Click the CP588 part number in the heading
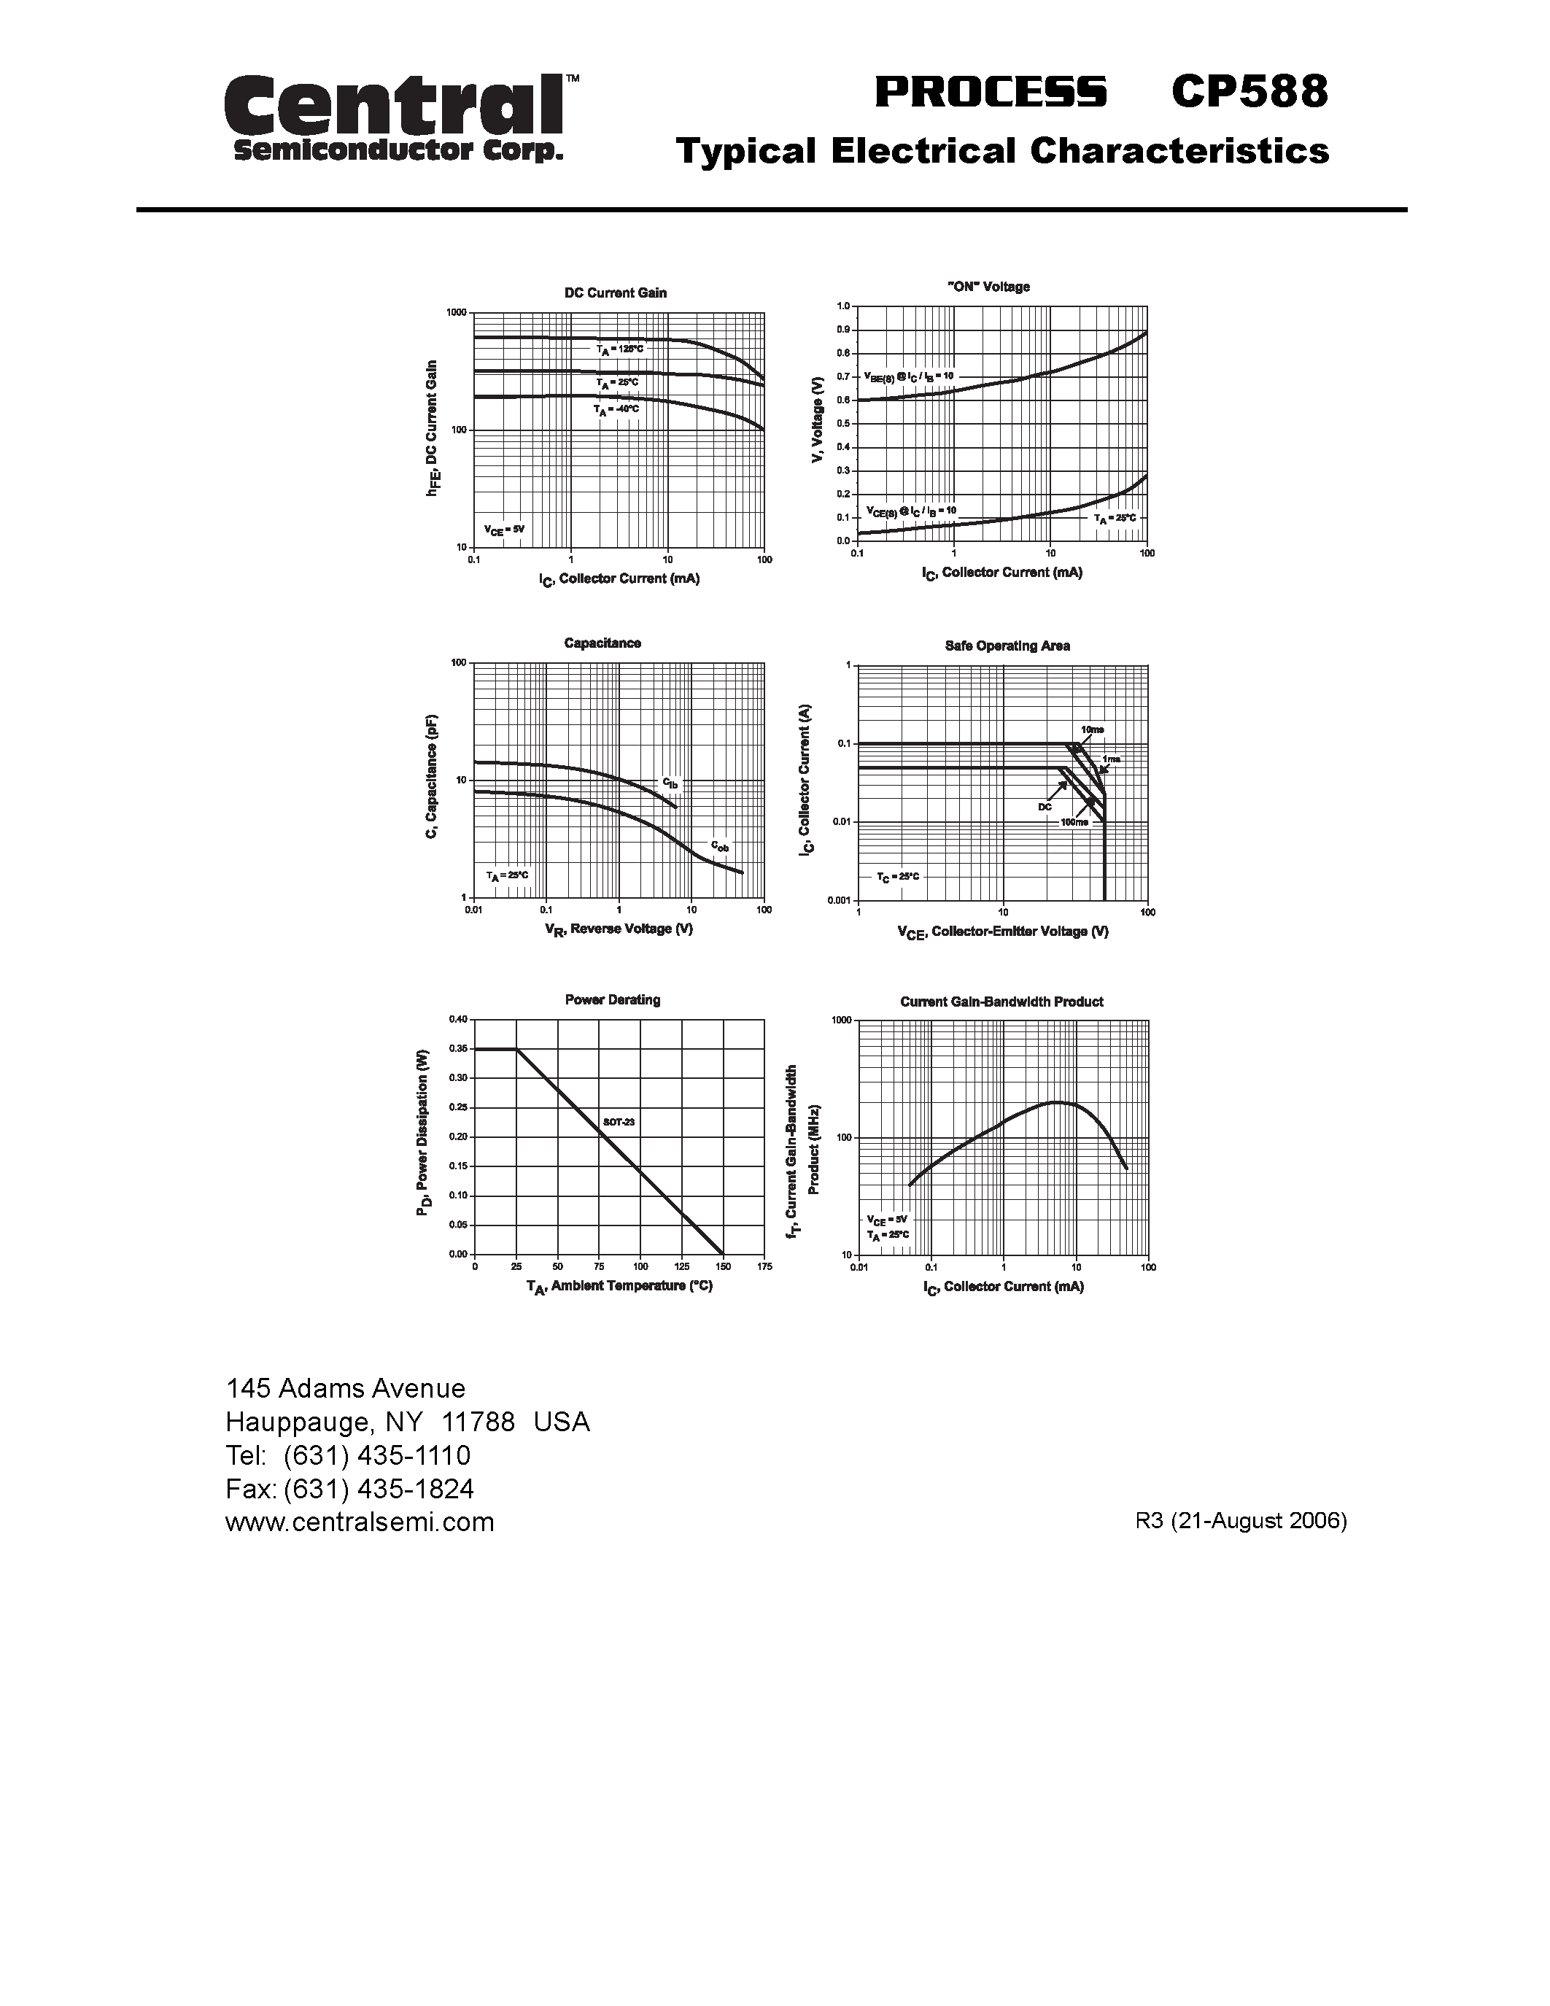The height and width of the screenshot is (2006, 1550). pos(1249,92)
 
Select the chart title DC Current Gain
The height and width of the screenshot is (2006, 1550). pos(615,293)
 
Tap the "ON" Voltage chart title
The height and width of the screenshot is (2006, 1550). pos(988,287)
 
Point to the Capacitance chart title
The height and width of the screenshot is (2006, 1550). pos(602,643)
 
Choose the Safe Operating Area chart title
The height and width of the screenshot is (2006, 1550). pos(1007,646)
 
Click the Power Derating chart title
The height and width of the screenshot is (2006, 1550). pos(613,999)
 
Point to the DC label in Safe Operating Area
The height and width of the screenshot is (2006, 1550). pos(1045,807)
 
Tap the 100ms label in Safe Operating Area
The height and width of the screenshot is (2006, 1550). pos(1074,822)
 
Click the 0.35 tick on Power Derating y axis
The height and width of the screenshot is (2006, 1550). pos(458,1048)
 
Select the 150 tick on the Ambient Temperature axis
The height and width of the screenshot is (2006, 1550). pos(723,1266)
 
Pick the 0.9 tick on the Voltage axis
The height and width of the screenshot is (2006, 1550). pos(843,330)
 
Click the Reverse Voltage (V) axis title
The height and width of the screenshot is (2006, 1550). pos(619,929)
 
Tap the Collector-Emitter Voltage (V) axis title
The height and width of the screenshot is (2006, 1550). pos(1003,932)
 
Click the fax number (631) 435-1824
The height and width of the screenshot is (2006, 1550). pos(379,1488)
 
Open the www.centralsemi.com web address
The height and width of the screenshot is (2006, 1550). pos(360,1522)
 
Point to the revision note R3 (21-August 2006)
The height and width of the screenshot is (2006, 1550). pos(1241,1520)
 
